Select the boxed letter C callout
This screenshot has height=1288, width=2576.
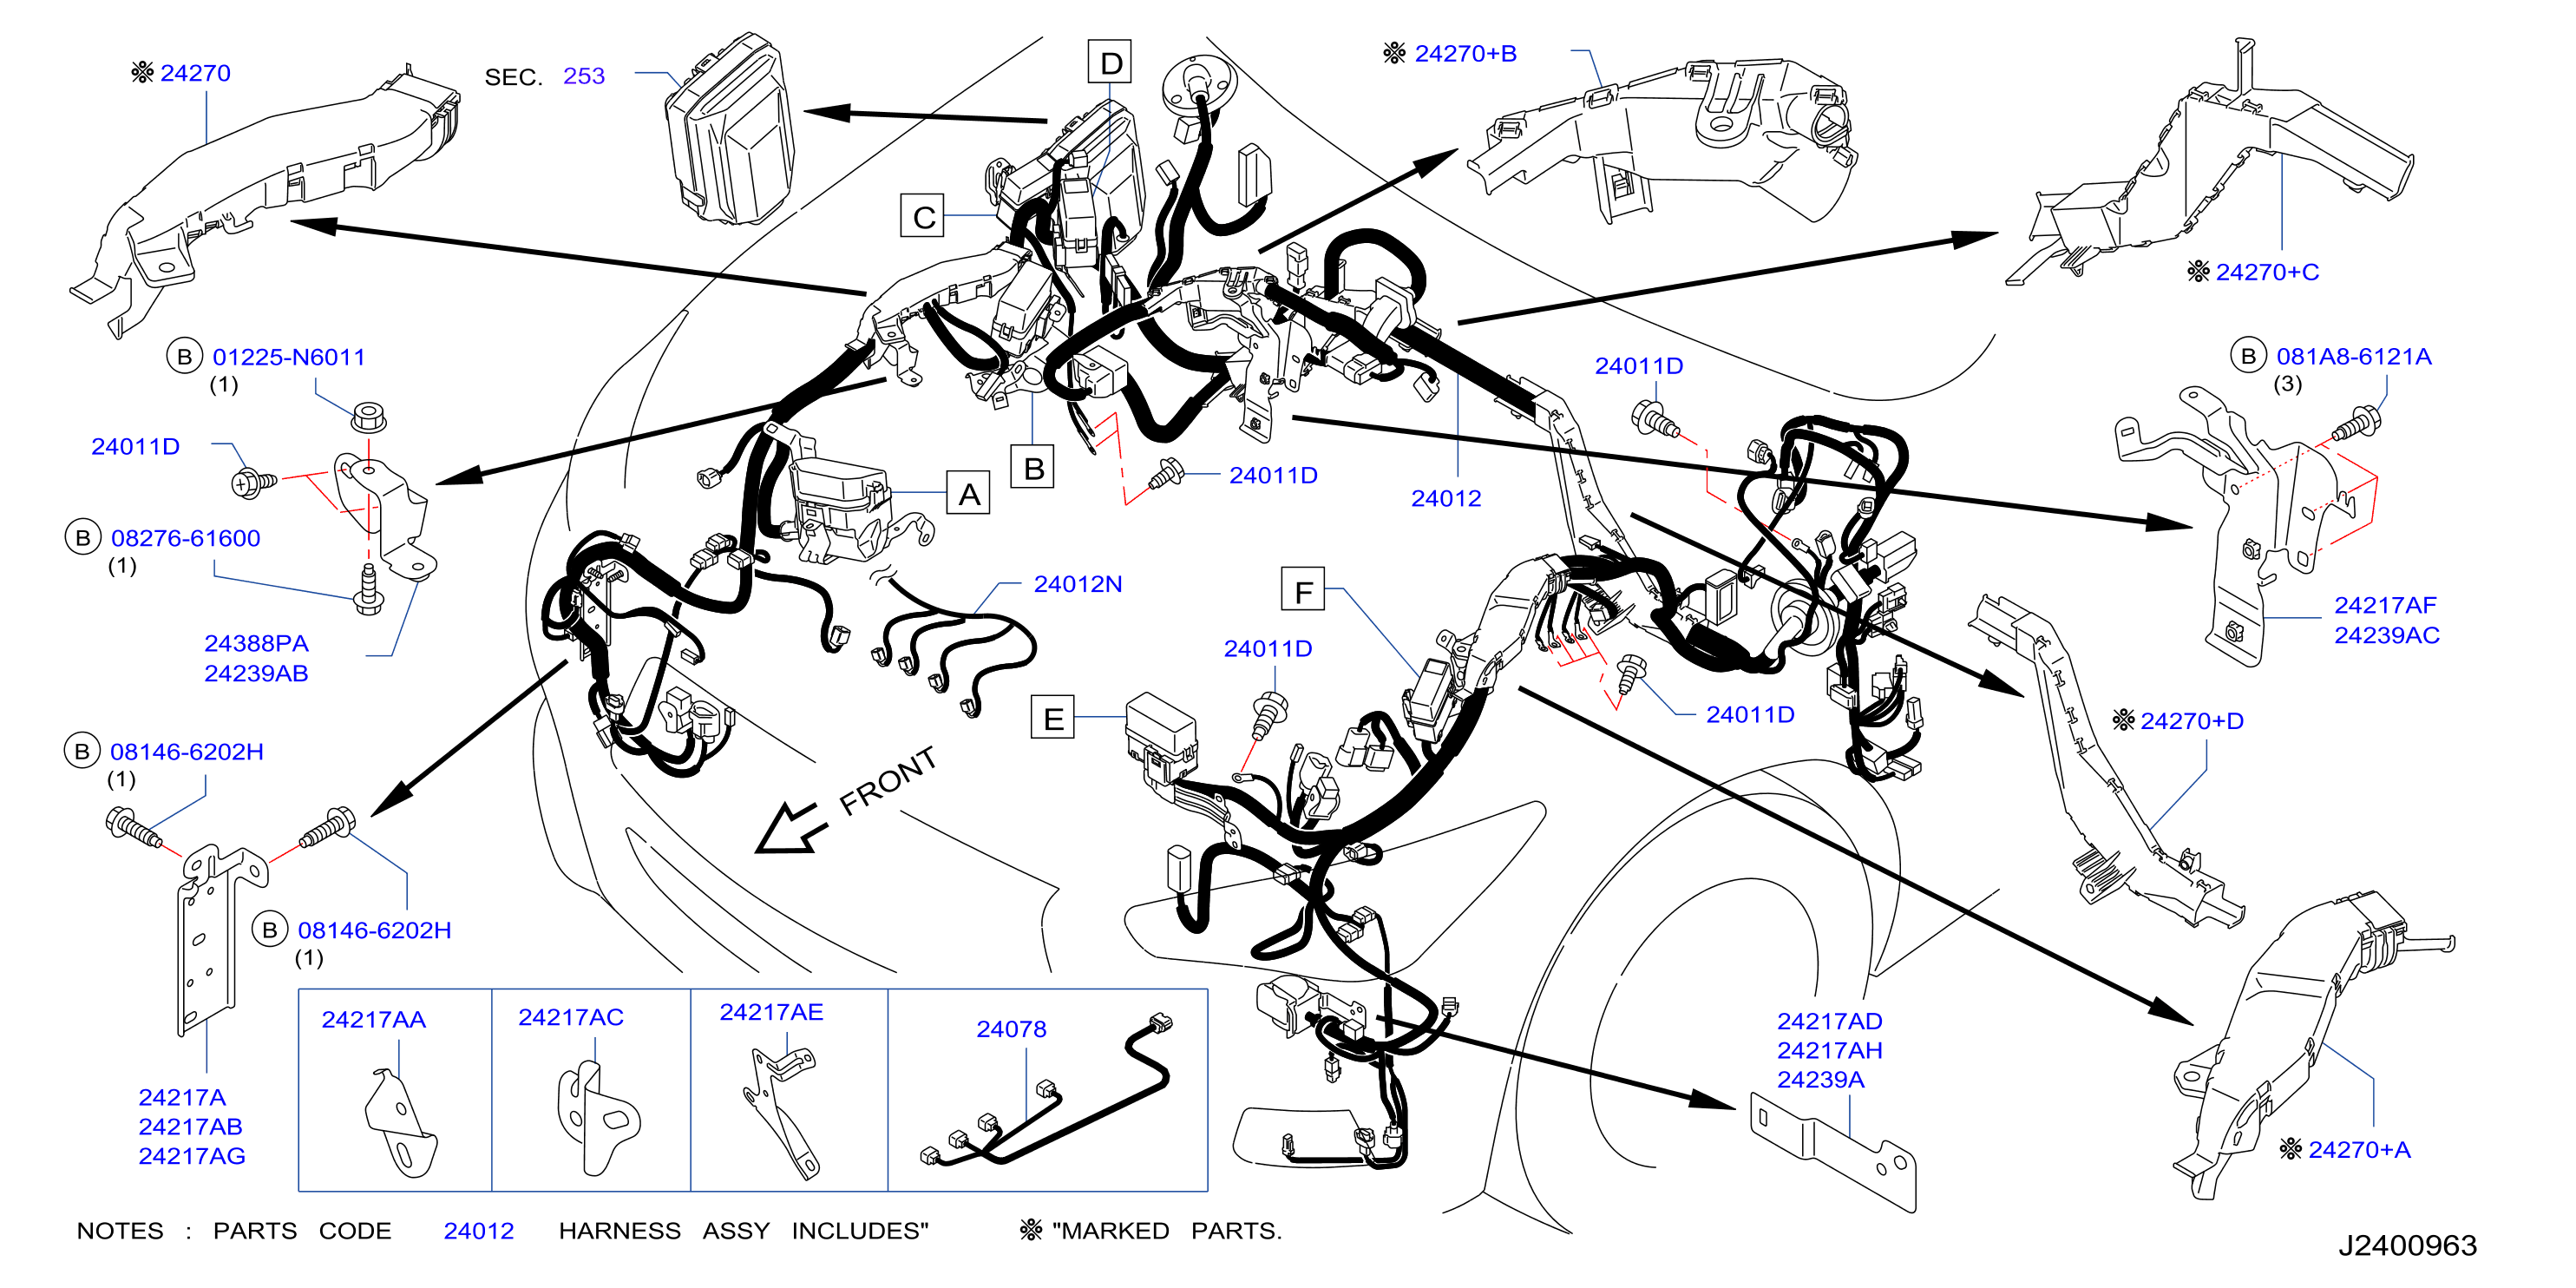click(923, 216)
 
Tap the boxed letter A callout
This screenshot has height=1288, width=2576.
click(969, 493)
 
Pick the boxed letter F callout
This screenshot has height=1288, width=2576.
click(1303, 590)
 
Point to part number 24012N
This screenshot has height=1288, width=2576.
click(1078, 584)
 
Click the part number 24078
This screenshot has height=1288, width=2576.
click(1011, 1029)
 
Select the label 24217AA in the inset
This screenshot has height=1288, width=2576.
click(373, 1019)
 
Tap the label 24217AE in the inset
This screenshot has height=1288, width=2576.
click(771, 1012)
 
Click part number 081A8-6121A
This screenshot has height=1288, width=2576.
click(2354, 356)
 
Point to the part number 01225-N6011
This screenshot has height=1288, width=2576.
click(289, 357)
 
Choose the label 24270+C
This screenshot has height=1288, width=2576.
click(2267, 272)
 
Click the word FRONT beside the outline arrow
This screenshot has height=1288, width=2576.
click(888, 781)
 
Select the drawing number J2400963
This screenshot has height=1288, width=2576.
click(2407, 1245)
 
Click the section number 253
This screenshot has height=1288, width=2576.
click(584, 76)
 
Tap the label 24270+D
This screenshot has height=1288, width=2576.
click(2192, 721)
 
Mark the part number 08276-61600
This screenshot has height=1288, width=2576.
click(186, 538)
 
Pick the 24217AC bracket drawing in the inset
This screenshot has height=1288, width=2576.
click(597, 1118)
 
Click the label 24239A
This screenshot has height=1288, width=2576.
click(1820, 1079)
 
